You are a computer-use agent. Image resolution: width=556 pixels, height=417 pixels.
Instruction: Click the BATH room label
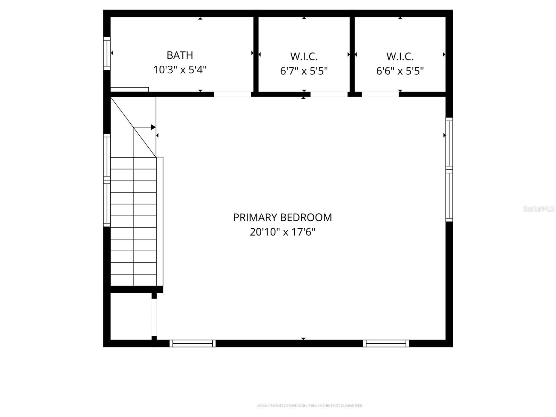180,55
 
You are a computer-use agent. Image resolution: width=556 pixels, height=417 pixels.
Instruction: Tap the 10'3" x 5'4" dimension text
180,70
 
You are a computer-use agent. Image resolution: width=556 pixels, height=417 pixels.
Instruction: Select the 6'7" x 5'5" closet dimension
304,71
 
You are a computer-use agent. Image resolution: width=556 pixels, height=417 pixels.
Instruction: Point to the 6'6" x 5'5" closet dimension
400,71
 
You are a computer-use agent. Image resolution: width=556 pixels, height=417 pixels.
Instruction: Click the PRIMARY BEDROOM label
282,217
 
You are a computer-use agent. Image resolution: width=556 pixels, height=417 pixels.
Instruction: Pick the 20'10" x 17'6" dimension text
282,232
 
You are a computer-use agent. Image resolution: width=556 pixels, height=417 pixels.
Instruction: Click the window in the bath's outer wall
107,54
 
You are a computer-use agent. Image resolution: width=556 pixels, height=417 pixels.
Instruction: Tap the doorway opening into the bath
232,94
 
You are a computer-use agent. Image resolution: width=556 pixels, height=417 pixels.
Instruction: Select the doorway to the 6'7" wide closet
328,94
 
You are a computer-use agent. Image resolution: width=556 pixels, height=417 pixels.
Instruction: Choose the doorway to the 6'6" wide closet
380,94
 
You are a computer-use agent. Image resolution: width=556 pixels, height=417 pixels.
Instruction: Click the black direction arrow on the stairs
153,127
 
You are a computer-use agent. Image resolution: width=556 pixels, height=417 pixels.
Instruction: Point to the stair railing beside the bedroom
160,221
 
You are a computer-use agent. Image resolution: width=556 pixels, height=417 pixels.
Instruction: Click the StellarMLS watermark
538,208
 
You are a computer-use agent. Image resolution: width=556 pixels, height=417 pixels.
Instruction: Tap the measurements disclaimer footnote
310,406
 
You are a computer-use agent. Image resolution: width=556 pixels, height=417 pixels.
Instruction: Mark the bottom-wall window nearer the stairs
193,343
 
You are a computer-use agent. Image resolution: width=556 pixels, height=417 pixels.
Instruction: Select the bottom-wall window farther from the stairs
386,343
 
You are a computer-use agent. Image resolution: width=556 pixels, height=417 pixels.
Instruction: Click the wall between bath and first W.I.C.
256,54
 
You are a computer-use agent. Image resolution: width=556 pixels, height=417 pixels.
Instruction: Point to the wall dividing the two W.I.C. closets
352,54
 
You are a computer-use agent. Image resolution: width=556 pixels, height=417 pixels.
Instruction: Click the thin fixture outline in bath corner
130,90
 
